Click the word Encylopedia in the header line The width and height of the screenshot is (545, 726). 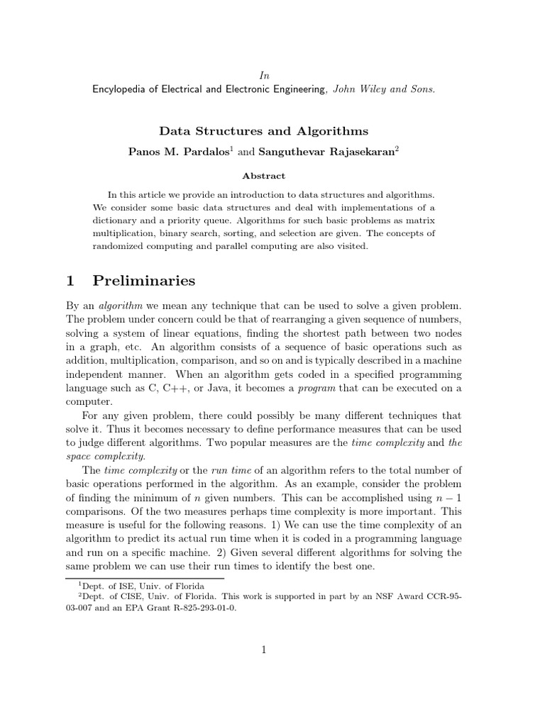coord(121,89)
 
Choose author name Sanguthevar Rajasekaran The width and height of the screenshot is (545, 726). coord(324,152)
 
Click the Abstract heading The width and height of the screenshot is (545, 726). coord(263,176)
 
